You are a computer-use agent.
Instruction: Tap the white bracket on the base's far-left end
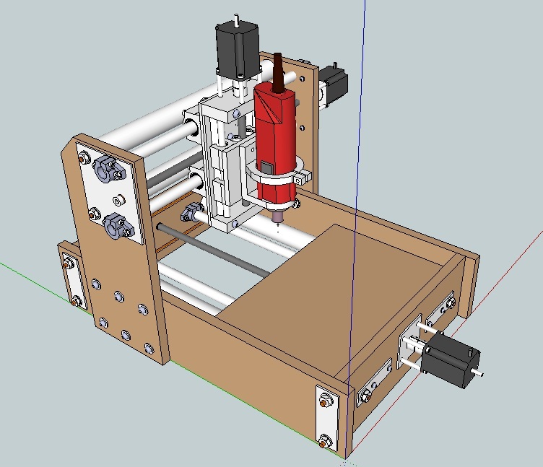[71, 278]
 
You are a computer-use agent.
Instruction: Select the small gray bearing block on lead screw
[191, 212]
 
